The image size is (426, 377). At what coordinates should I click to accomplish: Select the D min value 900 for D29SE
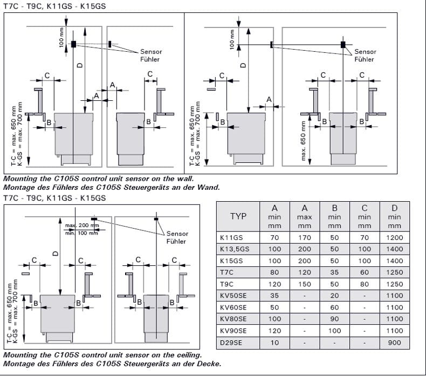pos(394,343)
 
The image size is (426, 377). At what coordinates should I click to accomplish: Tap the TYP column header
pos(238,216)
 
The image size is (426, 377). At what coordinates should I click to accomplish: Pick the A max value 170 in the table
pos(305,238)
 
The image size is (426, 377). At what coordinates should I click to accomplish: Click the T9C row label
pos(226,284)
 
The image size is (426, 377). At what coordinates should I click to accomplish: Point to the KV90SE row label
pos(233,331)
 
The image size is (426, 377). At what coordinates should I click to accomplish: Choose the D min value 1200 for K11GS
pos(394,238)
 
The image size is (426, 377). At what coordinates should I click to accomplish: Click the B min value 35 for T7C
pos(335,273)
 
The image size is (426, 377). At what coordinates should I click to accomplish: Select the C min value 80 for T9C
pos(365,284)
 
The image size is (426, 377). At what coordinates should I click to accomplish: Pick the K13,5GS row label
pos(235,250)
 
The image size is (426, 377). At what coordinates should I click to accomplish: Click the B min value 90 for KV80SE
pos(335,319)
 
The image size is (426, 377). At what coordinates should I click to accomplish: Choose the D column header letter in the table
pos(394,208)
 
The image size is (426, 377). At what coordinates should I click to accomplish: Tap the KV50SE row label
pos(233,296)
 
